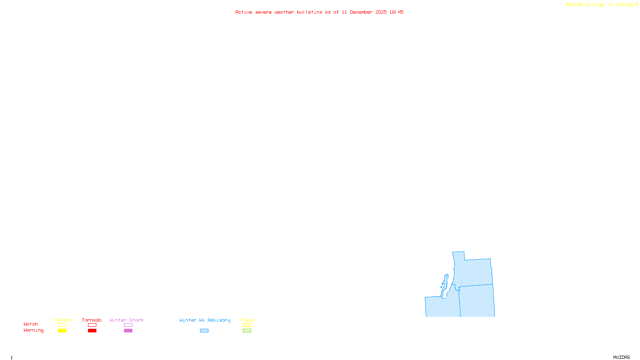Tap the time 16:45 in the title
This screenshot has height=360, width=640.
tap(396, 12)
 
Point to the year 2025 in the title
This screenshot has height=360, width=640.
tap(381, 12)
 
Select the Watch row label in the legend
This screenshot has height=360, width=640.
tap(31, 324)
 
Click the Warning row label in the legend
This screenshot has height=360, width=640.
tap(33, 330)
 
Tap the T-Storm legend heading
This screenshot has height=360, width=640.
tap(62, 320)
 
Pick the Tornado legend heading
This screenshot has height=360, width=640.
tap(92, 320)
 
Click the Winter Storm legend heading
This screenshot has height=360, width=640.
tap(126, 320)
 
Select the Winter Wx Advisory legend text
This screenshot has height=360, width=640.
tap(205, 320)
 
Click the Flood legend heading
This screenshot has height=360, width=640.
tap(247, 320)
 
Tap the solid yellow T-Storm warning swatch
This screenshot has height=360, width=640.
tap(62, 331)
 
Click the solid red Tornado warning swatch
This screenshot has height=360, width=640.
tap(92, 331)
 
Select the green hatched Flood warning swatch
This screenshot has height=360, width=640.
tap(247, 331)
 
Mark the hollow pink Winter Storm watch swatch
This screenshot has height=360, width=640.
tap(128, 325)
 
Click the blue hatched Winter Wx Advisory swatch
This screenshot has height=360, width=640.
tap(204, 331)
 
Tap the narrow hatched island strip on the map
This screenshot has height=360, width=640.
tap(444, 285)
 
